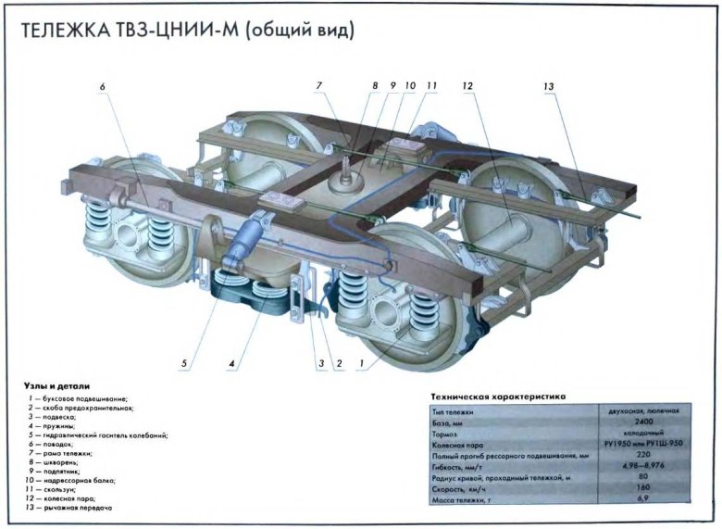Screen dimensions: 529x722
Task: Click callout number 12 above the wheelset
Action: pos(467,86)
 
